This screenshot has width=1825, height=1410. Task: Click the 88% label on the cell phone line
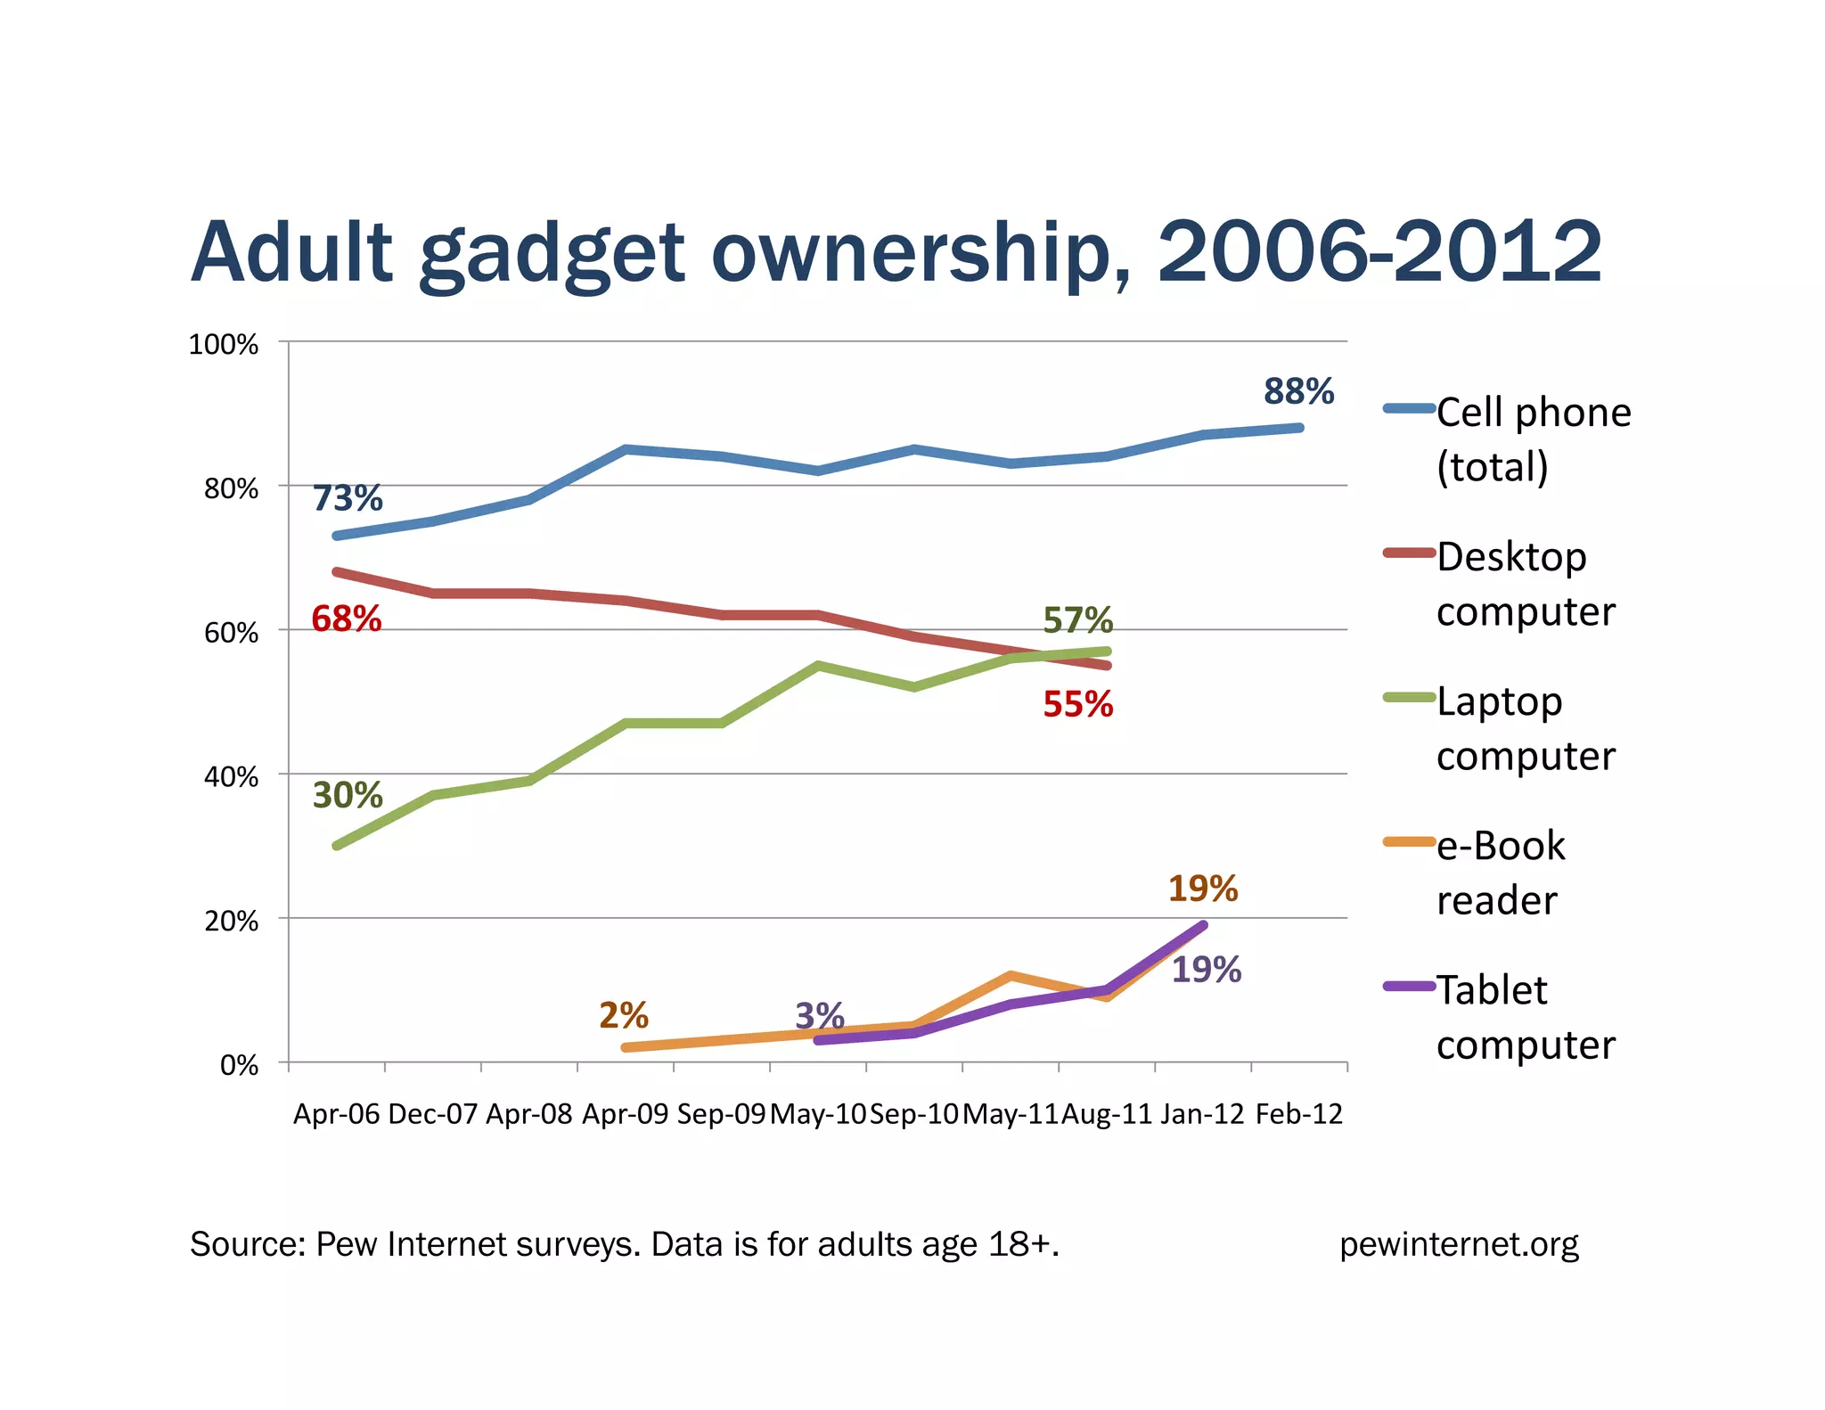(x=1298, y=391)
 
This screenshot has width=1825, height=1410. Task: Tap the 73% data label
(x=348, y=498)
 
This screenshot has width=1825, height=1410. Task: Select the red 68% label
(x=347, y=619)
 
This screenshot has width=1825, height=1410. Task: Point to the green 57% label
(x=1078, y=619)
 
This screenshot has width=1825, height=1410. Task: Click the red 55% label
(x=1078, y=704)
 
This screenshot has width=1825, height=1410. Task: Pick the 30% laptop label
(x=348, y=795)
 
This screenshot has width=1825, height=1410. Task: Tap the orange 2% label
(x=624, y=1015)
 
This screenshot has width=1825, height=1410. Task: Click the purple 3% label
(x=820, y=1015)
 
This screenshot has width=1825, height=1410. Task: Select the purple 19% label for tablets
(x=1206, y=970)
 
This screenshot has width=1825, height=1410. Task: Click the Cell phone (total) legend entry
(x=1533, y=439)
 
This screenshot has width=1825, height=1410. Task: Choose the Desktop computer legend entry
(x=1525, y=584)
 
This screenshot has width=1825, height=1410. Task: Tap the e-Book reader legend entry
(x=1500, y=872)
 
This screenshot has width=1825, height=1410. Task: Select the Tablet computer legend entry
(x=1525, y=1017)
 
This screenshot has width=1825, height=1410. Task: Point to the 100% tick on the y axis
(x=224, y=345)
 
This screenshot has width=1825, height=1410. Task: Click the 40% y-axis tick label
(x=231, y=777)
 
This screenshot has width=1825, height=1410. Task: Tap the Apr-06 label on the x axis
(x=337, y=1114)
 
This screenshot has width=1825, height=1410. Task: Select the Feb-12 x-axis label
(x=1298, y=1114)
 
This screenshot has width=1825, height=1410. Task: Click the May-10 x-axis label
(x=818, y=1114)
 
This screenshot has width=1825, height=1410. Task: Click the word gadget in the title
(x=552, y=254)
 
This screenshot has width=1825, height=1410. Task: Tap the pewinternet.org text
(x=1459, y=1244)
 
